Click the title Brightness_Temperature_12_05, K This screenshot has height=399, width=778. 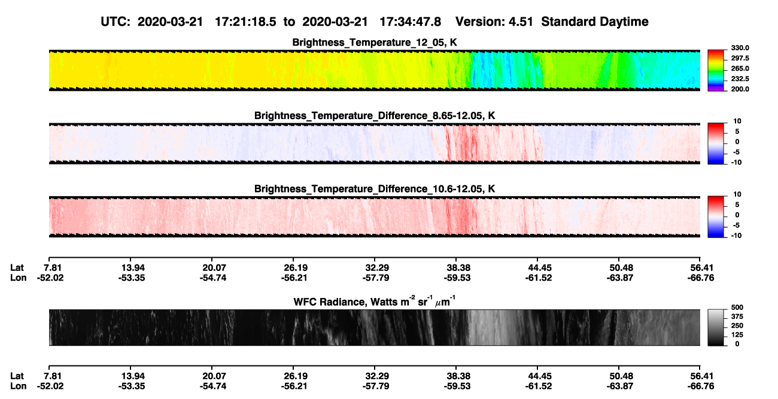click(x=374, y=42)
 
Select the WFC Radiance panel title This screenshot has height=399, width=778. click(x=374, y=301)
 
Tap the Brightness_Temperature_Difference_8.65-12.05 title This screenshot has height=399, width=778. click(x=374, y=115)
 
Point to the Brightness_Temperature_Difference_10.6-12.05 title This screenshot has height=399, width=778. click(x=374, y=189)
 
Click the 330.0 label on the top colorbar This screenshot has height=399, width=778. click(x=740, y=48)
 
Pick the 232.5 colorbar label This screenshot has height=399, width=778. click(x=740, y=79)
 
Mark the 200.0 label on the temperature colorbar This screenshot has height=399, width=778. click(x=740, y=89)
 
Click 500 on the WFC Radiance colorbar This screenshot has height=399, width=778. click(x=737, y=307)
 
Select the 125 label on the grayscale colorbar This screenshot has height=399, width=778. click(x=737, y=335)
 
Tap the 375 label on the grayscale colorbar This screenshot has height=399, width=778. click(x=737, y=316)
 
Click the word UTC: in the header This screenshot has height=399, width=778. click(x=116, y=22)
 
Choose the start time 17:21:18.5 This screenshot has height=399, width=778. click(x=245, y=22)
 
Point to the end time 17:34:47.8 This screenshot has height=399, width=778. click(x=410, y=22)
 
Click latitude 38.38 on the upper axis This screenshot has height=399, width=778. click(x=458, y=268)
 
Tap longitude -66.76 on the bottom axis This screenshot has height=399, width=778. click(x=701, y=386)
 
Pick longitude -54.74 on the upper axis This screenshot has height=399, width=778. click(x=213, y=278)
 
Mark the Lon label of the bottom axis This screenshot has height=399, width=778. click(x=18, y=386)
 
